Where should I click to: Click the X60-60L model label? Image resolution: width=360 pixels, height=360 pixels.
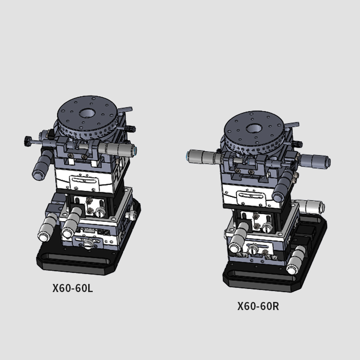(72, 288)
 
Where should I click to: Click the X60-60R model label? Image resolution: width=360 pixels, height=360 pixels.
(258, 306)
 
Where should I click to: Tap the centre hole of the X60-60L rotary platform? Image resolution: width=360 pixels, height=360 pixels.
(87, 113)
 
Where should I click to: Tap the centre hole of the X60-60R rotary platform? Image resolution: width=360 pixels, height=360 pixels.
(254, 128)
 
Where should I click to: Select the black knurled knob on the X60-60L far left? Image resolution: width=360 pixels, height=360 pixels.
(28, 141)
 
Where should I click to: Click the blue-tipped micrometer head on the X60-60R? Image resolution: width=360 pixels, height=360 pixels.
(202, 157)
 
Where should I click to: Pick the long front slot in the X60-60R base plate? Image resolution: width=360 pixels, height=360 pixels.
(261, 273)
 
